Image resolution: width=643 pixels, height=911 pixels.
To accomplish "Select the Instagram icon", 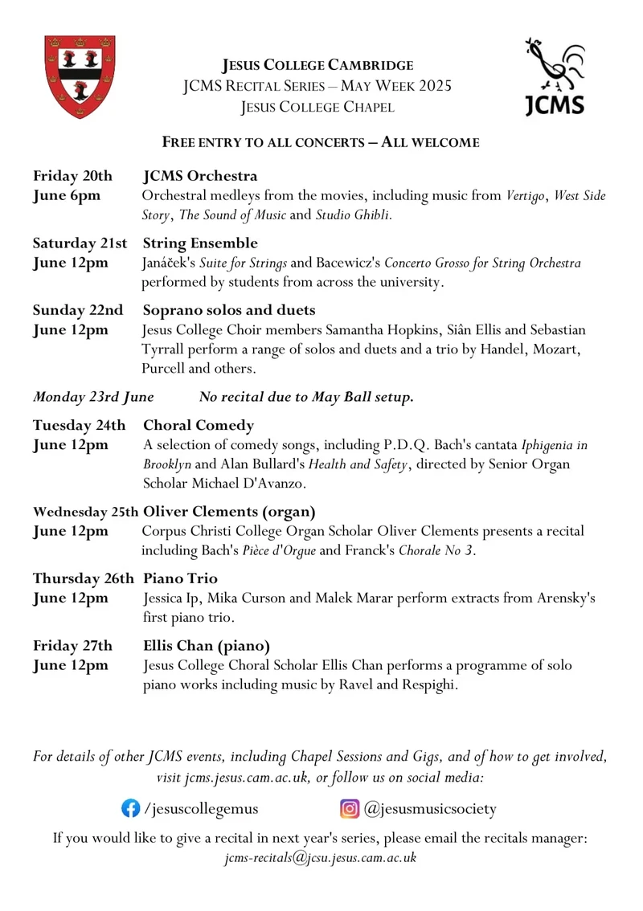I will pyautogui.click(x=350, y=808).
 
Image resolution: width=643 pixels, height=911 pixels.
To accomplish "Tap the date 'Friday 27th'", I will pyautogui.click(x=72, y=646).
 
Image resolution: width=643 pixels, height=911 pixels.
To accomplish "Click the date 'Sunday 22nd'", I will pyautogui.click(x=78, y=309).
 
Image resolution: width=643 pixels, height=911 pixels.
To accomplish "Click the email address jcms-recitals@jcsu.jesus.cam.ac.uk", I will pyautogui.click(x=321, y=858).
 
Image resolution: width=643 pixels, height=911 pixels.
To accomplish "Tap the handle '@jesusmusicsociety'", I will pyautogui.click(x=430, y=808).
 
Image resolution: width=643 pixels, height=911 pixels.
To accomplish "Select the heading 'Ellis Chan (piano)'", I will pyautogui.click(x=207, y=646).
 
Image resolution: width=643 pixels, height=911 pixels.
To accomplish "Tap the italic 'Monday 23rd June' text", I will pyautogui.click(x=94, y=395).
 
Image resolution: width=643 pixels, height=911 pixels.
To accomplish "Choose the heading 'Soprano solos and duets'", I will pyautogui.click(x=229, y=309).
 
